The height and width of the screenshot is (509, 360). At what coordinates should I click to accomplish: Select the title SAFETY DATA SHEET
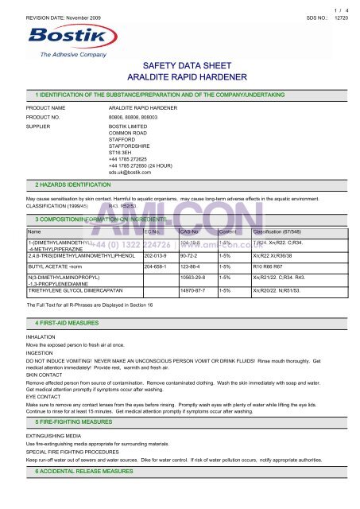pos(179,69)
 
